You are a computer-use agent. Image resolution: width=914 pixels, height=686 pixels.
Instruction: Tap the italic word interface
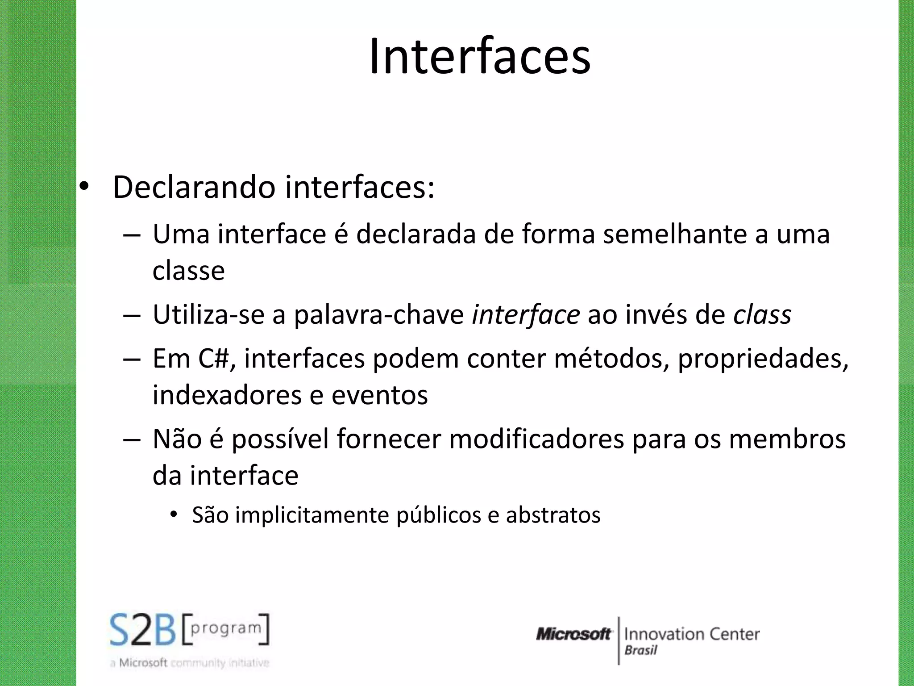click(x=526, y=315)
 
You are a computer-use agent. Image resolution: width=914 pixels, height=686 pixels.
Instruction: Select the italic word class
click(x=762, y=315)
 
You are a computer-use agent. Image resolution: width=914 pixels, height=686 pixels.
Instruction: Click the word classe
click(x=188, y=271)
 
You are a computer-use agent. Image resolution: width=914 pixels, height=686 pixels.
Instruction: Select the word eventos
click(x=379, y=395)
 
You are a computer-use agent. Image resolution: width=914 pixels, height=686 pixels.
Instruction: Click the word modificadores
click(x=536, y=439)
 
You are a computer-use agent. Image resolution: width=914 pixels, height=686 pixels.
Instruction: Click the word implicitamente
click(x=312, y=515)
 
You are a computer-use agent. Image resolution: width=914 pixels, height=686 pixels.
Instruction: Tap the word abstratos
click(x=553, y=515)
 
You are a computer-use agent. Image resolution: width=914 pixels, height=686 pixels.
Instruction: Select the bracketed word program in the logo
click(x=226, y=628)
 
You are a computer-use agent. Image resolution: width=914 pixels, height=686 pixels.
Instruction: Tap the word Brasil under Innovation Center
click(x=641, y=650)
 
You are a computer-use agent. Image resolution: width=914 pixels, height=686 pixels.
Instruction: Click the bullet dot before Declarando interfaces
click(x=84, y=188)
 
